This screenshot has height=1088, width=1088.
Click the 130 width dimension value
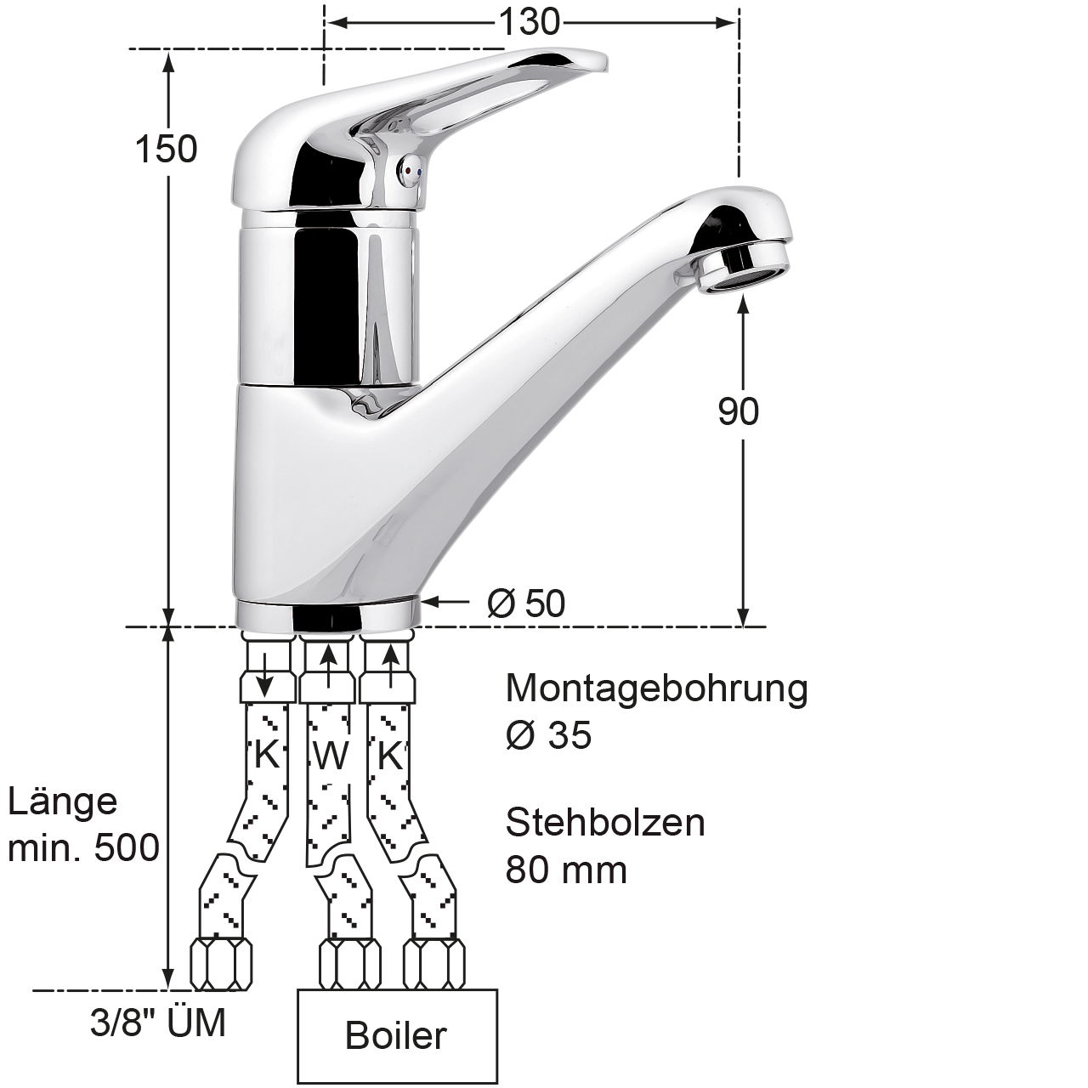(529, 23)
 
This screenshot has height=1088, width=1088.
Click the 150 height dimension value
(166, 149)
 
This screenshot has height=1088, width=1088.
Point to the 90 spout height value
(738, 411)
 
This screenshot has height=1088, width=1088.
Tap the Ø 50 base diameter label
(525, 603)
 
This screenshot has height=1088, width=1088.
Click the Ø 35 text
(548, 736)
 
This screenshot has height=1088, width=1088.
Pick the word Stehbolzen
(605, 823)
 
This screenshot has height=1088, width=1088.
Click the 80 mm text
(566, 870)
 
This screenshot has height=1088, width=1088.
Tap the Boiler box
(398, 1036)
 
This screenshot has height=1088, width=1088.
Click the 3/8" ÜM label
(158, 1023)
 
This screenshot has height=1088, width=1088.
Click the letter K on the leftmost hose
(267, 754)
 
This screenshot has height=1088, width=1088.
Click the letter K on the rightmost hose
(389, 756)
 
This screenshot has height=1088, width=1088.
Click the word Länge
(62, 802)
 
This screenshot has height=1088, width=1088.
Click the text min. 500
(83, 848)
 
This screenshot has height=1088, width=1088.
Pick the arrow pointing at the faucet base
(445, 602)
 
